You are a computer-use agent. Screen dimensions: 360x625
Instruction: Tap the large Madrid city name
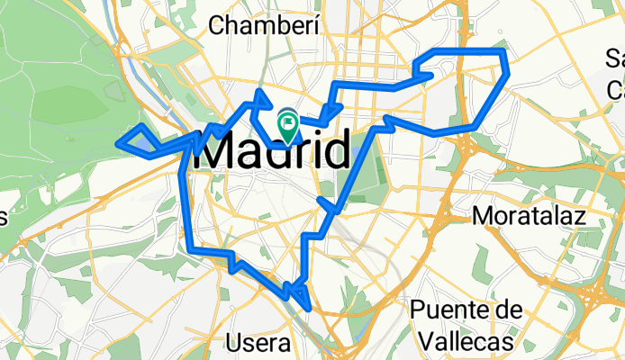pos(271,150)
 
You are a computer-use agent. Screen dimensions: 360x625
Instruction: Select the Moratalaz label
pos(529,216)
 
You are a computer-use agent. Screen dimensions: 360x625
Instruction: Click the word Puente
pos(466,311)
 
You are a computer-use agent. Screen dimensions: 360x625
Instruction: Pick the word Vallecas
pos(466,342)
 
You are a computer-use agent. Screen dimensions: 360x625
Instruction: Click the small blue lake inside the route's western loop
pos(143,139)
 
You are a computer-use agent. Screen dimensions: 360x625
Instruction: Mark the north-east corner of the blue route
pos(505,51)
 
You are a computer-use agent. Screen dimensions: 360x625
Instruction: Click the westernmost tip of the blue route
pos(120,140)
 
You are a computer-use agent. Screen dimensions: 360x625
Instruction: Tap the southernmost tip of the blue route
pos(309,308)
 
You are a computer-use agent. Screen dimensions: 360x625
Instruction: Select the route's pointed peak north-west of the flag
pos(260,92)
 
